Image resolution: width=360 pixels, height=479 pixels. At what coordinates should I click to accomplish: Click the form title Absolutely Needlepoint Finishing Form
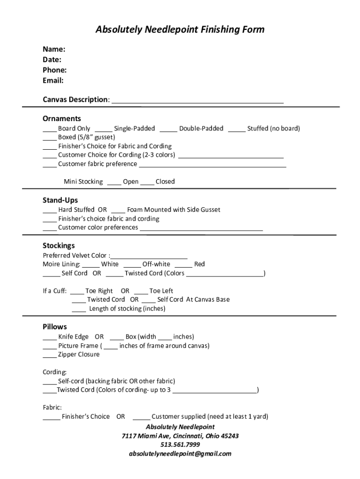(x=180, y=30)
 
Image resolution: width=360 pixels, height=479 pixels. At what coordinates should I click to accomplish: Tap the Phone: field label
(x=55, y=70)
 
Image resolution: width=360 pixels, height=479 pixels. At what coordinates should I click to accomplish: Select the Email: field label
(x=53, y=80)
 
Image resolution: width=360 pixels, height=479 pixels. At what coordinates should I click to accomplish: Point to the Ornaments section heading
(x=62, y=118)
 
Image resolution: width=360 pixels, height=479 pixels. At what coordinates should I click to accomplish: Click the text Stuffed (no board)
(x=274, y=128)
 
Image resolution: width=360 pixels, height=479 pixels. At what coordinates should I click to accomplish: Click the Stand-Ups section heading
(x=60, y=200)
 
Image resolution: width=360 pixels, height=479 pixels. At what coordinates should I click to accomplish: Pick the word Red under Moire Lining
(x=200, y=264)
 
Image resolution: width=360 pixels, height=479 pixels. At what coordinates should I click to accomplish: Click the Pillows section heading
(x=55, y=327)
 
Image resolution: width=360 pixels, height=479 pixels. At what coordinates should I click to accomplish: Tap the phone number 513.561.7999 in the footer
(x=180, y=445)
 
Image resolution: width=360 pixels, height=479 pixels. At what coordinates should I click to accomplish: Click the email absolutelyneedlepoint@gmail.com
(x=180, y=454)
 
